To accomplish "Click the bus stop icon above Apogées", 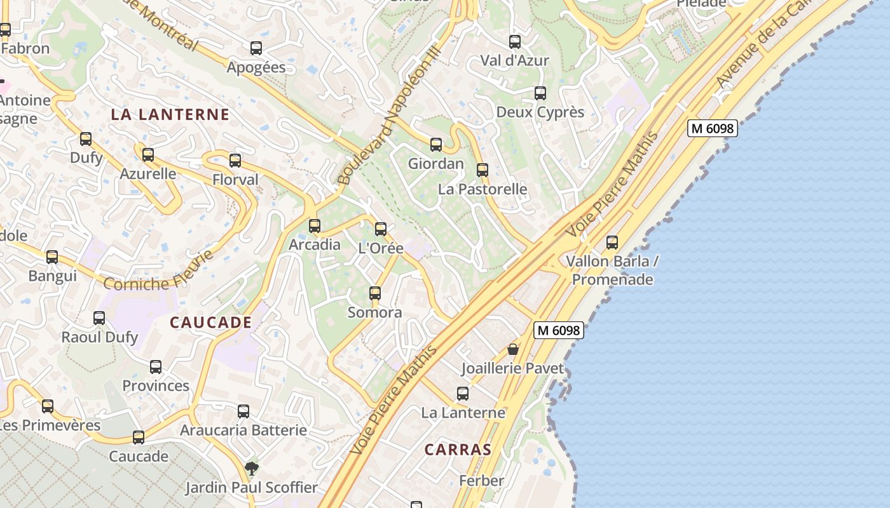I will pos(256,48).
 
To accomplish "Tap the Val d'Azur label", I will pos(514,61).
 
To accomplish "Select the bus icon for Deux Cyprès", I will pos(540,93).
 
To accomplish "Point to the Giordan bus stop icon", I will pos(436,145).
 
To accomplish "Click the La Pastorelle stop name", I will pos(483,189).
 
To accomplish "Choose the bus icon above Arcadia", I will pos(315,226).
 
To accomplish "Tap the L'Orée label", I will pos(381,248).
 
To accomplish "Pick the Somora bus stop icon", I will pos(375,293).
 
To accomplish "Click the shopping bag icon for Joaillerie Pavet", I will pos(513,349).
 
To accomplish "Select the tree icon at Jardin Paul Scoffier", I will pos(252,469).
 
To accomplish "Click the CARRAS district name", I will pos(458,450).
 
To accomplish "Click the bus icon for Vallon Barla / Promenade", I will pos(612,243).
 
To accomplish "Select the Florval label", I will pos(235,180).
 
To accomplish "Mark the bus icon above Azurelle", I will pos(148,155).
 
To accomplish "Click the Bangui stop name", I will pos(52,276).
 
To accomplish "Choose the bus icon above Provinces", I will pos(156,367).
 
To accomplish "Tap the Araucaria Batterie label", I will pos(243,431).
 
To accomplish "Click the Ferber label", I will pos(481,481).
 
